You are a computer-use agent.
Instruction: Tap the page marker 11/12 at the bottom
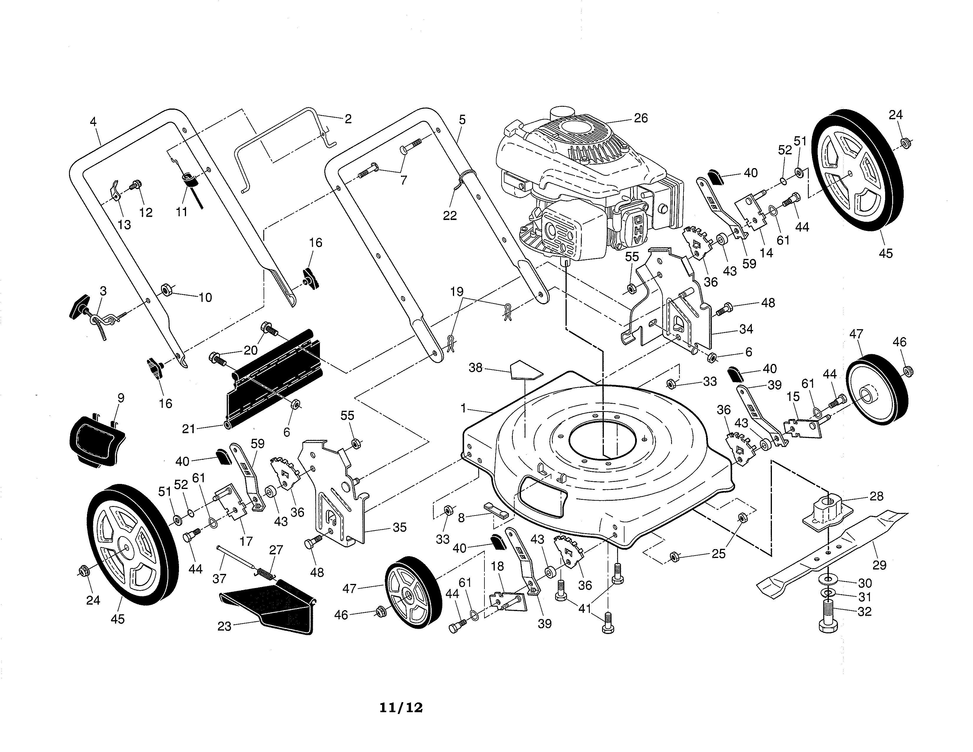click(x=401, y=708)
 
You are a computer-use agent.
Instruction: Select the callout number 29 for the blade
click(x=879, y=565)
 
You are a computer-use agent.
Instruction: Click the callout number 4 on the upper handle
click(x=93, y=121)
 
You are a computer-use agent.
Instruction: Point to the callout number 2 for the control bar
click(x=348, y=119)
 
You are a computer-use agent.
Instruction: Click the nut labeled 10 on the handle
click(x=166, y=290)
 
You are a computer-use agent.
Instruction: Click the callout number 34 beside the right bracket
click(x=746, y=329)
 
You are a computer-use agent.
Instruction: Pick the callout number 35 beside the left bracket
click(x=400, y=528)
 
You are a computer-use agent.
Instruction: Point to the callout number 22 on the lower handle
click(x=450, y=216)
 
